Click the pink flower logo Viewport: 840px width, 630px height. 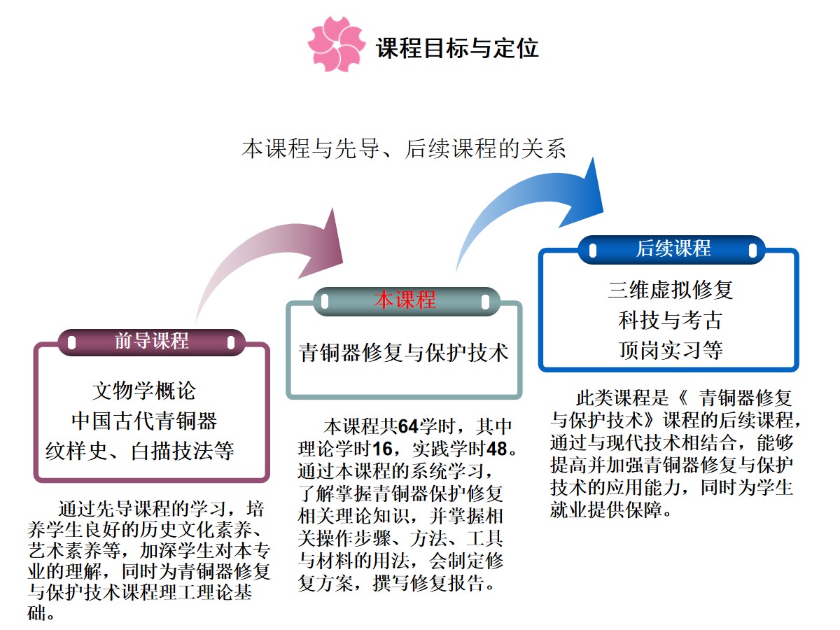tap(337, 44)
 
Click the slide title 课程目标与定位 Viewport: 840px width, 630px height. tap(457, 48)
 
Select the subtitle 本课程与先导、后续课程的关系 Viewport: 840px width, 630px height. tap(404, 148)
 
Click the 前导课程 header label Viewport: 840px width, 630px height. tap(151, 341)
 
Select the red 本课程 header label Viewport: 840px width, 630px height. tap(405, 300)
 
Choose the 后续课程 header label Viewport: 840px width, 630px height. tap(673, 248)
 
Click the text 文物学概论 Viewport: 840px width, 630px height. tap(144, 391)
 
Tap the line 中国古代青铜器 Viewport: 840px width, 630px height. tap(144, 421)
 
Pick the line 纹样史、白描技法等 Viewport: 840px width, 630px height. tap(140, 451)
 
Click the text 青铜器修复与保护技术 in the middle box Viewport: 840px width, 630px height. tap(404, 352)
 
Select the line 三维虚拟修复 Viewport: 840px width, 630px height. tap(671, 289)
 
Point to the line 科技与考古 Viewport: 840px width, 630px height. tap(671, 320)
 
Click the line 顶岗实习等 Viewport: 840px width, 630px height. tap(671, 349)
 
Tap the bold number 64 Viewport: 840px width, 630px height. tap(408, 426)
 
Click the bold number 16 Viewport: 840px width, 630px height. tap(383, 449)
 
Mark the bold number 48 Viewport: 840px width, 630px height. tap(497, 449)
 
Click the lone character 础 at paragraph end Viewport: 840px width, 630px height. tap(36, 613)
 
